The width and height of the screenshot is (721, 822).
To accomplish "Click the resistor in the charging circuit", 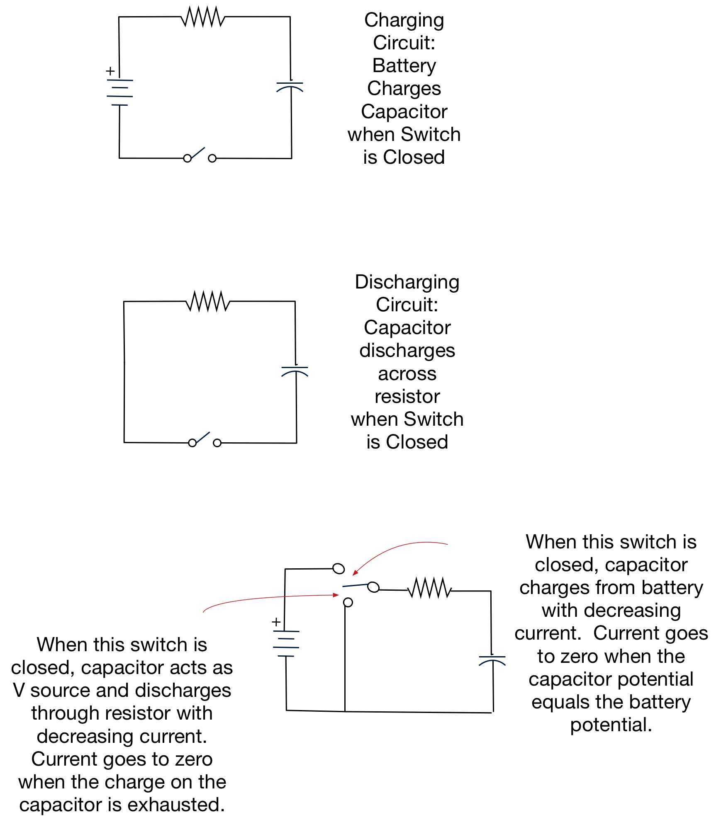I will pos(203,17).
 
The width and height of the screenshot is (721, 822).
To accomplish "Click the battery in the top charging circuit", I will pos(120,92).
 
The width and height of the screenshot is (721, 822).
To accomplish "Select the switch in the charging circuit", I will pos(200,156).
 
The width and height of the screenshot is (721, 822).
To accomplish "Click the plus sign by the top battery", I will pos(110,71).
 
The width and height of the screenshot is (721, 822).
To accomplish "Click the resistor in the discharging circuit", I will pos(208,301).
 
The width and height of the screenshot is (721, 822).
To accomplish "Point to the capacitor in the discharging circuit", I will pos(295,371).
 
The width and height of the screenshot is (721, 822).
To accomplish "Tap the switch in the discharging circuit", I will pos(205,440).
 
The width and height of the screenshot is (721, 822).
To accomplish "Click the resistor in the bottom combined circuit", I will pos(430,588).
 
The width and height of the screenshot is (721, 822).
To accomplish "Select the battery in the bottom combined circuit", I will pos(286,643).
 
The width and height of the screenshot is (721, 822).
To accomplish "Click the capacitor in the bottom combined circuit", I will pos(492,660).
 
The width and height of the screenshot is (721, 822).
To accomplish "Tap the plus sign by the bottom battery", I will pos(276,622).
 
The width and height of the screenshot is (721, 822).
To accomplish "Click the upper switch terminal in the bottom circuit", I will pos(339,568).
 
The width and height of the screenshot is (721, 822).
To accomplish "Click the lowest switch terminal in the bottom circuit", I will pos(348,602).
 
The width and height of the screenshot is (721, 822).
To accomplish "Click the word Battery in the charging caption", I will pos(404,65).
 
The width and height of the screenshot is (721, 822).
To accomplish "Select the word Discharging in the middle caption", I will pos(407,282).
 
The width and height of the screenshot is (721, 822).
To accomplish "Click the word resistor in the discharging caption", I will pos(407,396).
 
